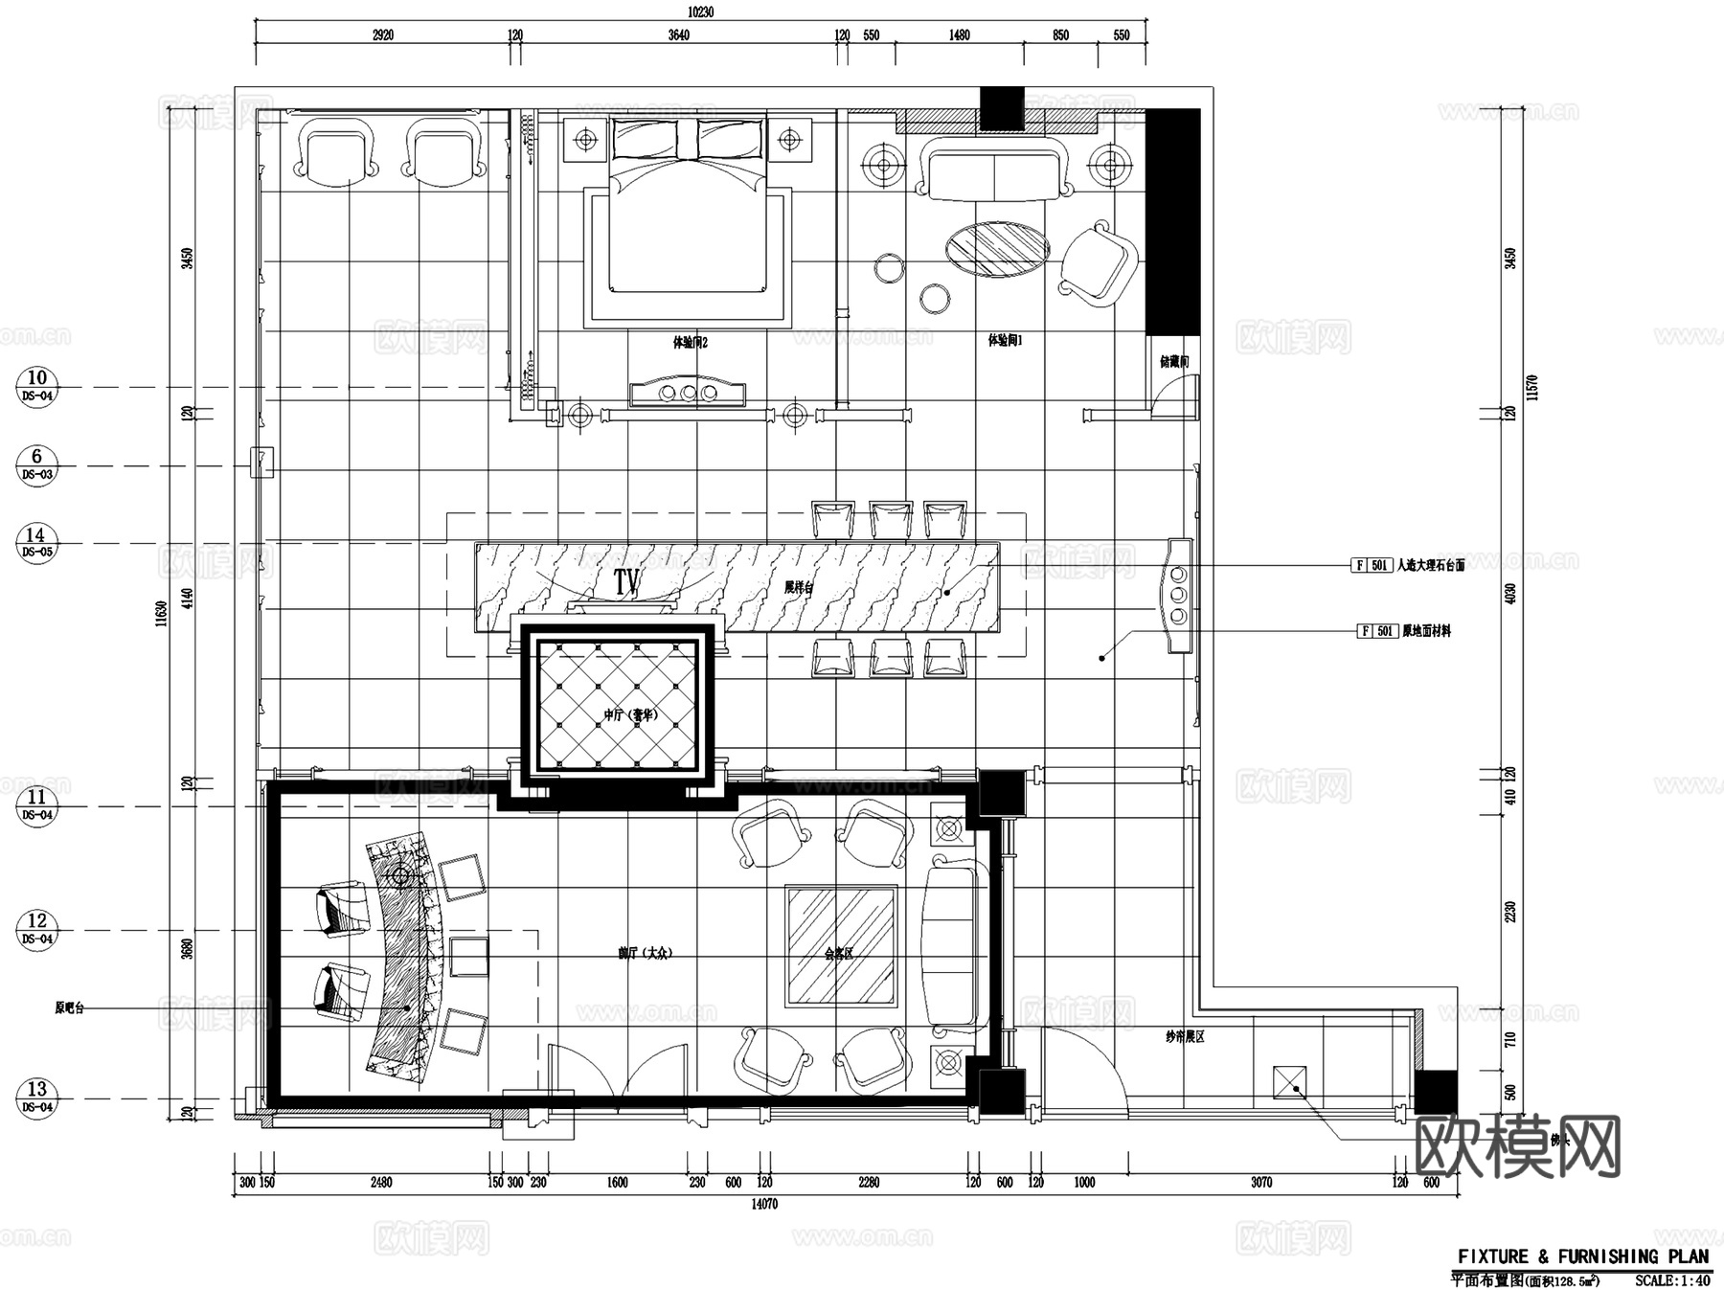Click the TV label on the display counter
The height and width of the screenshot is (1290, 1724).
(626, 580)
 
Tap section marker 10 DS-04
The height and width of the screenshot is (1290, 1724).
(36, 386)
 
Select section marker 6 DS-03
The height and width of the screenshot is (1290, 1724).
(36, 465)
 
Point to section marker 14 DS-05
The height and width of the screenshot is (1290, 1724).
(36, 543)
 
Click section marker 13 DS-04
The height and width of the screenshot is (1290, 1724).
(36, 1098)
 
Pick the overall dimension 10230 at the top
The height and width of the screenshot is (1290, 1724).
(700, 12)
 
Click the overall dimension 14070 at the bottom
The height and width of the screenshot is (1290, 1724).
(763, 1205)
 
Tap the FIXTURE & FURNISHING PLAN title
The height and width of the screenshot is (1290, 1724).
(1582, 1256)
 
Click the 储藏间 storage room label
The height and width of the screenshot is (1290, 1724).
(1173, 362)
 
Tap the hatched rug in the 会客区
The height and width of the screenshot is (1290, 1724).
(841, 945)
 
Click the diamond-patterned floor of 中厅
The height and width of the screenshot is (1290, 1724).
(618, 704)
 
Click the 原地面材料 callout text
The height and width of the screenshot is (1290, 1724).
(1426, 631)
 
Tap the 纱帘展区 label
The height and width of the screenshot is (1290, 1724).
(1184, 1036)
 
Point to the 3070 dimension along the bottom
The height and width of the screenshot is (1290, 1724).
(1260, 1183)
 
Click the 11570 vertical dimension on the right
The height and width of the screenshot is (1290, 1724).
(1532, 387)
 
